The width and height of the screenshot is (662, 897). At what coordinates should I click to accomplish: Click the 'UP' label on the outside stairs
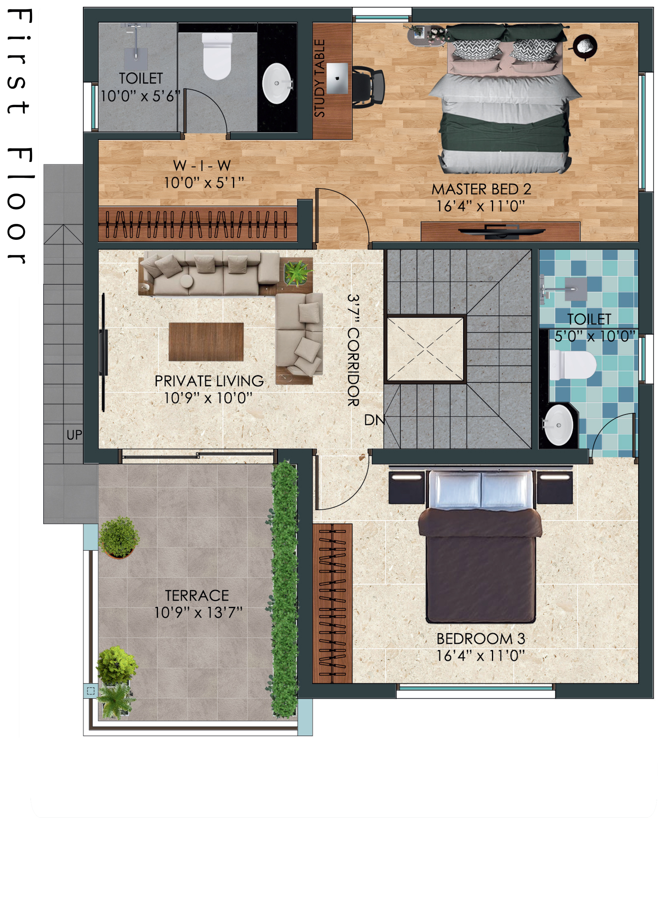click(x=74, y=435)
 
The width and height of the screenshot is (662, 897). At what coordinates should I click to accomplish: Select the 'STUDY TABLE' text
click(x=320, y=79)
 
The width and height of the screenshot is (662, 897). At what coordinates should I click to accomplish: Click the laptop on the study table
click(x=337, y=78)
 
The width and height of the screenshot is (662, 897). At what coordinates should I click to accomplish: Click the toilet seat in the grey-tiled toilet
click(x=217, y=56)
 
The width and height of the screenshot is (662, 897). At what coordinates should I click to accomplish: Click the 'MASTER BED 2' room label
click(x=481, y=189)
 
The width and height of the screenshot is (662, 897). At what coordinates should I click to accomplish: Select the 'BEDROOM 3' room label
click(x=481, y=639)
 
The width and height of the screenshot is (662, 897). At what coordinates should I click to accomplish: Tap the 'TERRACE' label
click(x=197, y=596)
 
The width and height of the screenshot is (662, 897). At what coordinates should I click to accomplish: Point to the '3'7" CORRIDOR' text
click(x=353, y=350)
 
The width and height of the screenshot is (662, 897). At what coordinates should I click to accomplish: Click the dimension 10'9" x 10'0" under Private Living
click(x=208, y=398)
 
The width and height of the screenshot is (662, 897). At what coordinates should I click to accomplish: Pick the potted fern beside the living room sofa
click(x=298, y=273)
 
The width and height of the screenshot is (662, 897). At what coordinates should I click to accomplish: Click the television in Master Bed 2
click(x=502, y=231)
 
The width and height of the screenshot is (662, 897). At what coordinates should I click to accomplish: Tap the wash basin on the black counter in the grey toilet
click(x=277, y=83)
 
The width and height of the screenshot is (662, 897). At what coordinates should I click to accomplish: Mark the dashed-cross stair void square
click(x=425, y=349)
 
